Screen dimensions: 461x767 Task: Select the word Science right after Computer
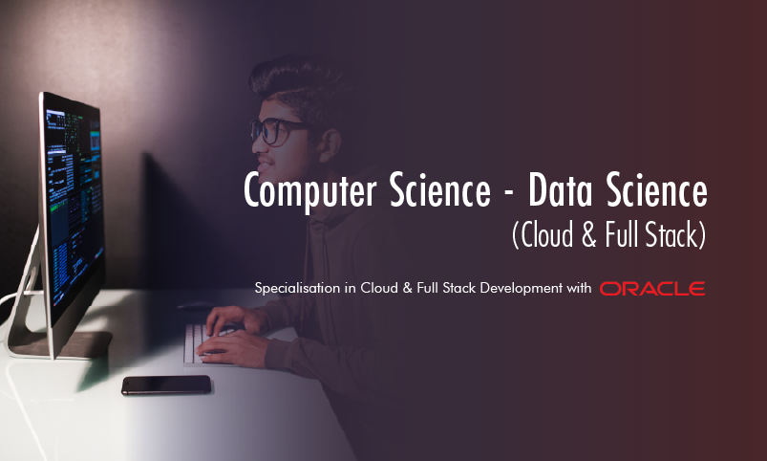coord(433,191)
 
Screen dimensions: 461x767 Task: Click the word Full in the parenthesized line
coord(604,235)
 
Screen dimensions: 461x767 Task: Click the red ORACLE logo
coord(651,288)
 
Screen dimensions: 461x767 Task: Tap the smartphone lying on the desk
coord(166,384)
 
